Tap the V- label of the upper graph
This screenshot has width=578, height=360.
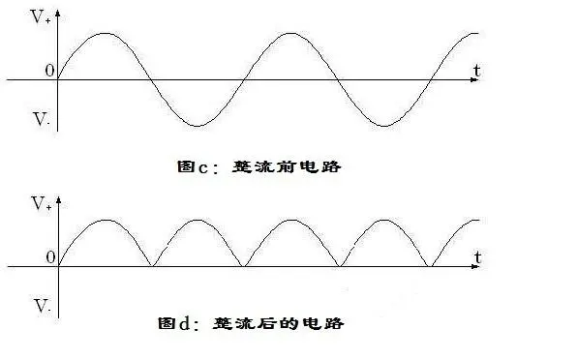[x=41, y=121]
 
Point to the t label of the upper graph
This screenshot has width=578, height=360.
[x=478, y=71]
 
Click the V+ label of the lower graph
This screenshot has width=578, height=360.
[x=41, y=204]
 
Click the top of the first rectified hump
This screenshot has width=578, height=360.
[x=105, y=220]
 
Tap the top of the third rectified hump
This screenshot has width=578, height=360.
[x=291, y=220]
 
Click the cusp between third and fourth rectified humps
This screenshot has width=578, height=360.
[x=339, y=265]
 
